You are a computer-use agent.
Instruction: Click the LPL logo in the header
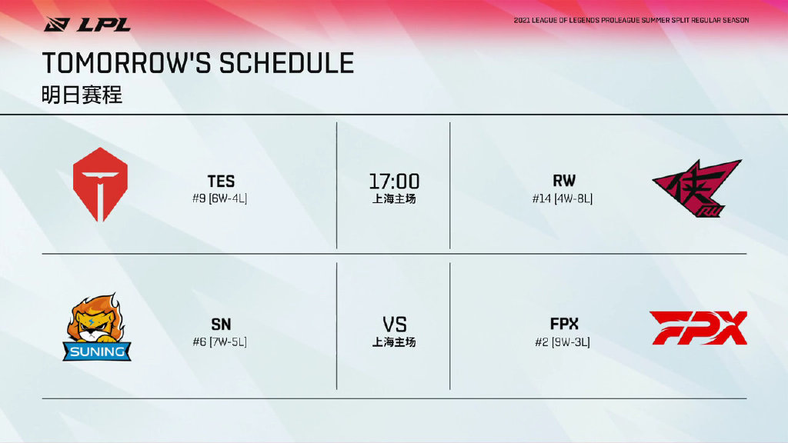[x=87, y=24]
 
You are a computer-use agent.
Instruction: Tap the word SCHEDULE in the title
[x=286, y=63]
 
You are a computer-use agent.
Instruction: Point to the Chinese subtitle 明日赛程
[x=82, y=95]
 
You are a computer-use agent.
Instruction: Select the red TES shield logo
[x=100, y=185]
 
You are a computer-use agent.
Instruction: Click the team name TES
[x=221, y=181]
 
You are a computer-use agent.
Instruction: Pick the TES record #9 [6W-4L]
[x=219, y=198]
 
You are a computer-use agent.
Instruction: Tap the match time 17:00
[x=394, y=181]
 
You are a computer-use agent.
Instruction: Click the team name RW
[x=564, y=181]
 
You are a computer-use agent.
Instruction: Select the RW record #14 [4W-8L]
[x=563, y=198]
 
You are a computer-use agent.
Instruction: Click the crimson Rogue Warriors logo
[x=697, y=188]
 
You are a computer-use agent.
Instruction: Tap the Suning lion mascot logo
[x=97, y=327]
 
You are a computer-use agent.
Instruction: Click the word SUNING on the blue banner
[x=97, y=351]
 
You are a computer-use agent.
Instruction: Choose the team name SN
[x=221, y=325]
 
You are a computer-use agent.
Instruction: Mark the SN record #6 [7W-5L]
[x=219, y=342]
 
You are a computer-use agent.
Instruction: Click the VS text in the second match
[x=395, y=325]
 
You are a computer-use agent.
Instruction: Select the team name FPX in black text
[x=564, y=324]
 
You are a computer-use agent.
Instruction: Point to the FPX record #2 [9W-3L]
[x=563, y=342]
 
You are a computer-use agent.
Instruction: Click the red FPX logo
[x=698, y=328]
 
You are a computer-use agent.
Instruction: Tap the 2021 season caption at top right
[x=631, y=21]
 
